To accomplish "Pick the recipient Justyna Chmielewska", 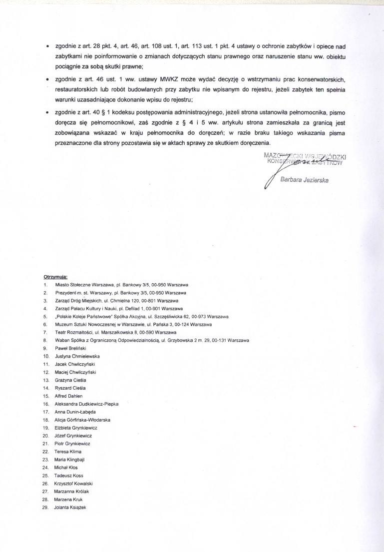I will click(x=77, y=356).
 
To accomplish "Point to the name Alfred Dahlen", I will click(x=69, y=396).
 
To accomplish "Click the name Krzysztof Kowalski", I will click(x=74, y=484).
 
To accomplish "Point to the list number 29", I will click(x=45, y=508).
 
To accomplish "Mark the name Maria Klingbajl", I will click(x=70, y=460).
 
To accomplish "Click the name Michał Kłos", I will click(x=66, y=468).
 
